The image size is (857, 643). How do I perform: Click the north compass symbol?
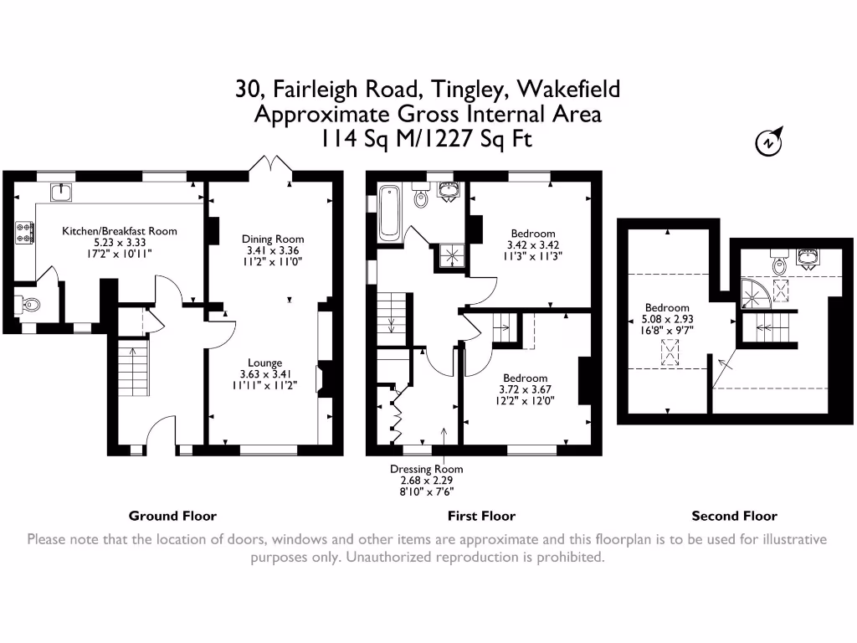768,142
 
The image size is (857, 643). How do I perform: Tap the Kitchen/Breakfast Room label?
119,231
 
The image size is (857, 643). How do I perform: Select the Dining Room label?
273,239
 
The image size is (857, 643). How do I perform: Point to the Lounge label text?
265,363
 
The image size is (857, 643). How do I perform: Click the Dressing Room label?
426,469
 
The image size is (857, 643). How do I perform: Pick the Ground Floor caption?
172,516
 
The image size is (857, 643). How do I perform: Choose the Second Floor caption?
734,516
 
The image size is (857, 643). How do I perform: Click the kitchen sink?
61,192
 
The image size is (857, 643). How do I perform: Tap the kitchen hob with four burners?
25,232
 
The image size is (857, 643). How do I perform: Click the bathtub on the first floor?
389,213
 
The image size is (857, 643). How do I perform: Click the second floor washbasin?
807,258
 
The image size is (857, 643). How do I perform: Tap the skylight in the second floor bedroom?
670,352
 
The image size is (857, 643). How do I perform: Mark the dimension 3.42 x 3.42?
533,245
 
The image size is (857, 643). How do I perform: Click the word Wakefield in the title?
568,89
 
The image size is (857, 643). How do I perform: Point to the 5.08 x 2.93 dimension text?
667,319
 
